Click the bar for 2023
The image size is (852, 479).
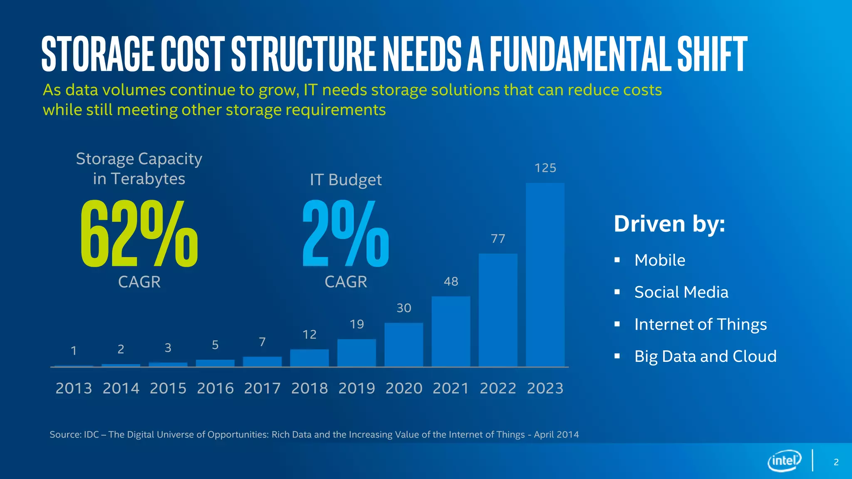(545, 274)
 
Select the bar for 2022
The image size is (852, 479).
(498, 310)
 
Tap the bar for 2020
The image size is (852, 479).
(404, 345)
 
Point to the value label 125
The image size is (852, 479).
(545, 168)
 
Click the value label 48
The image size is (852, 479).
(451, 281)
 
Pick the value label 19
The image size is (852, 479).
(357, 324)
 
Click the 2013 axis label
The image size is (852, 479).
(74, 388)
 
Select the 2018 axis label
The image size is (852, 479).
(310, 388)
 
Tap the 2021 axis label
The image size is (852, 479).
(451, 388)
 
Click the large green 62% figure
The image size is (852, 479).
(139, 234)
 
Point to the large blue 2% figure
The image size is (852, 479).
(345, 234)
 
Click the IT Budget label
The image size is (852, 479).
(345, 180)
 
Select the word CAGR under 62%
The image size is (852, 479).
(139, 282)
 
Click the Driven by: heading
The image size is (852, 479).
(669, 224)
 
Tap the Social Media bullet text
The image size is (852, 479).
(681, 292)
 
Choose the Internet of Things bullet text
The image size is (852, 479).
(700, 324)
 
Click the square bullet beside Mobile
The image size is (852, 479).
(617, 260)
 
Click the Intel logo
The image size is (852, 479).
(784, 461)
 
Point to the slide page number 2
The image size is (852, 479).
(836, 462)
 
